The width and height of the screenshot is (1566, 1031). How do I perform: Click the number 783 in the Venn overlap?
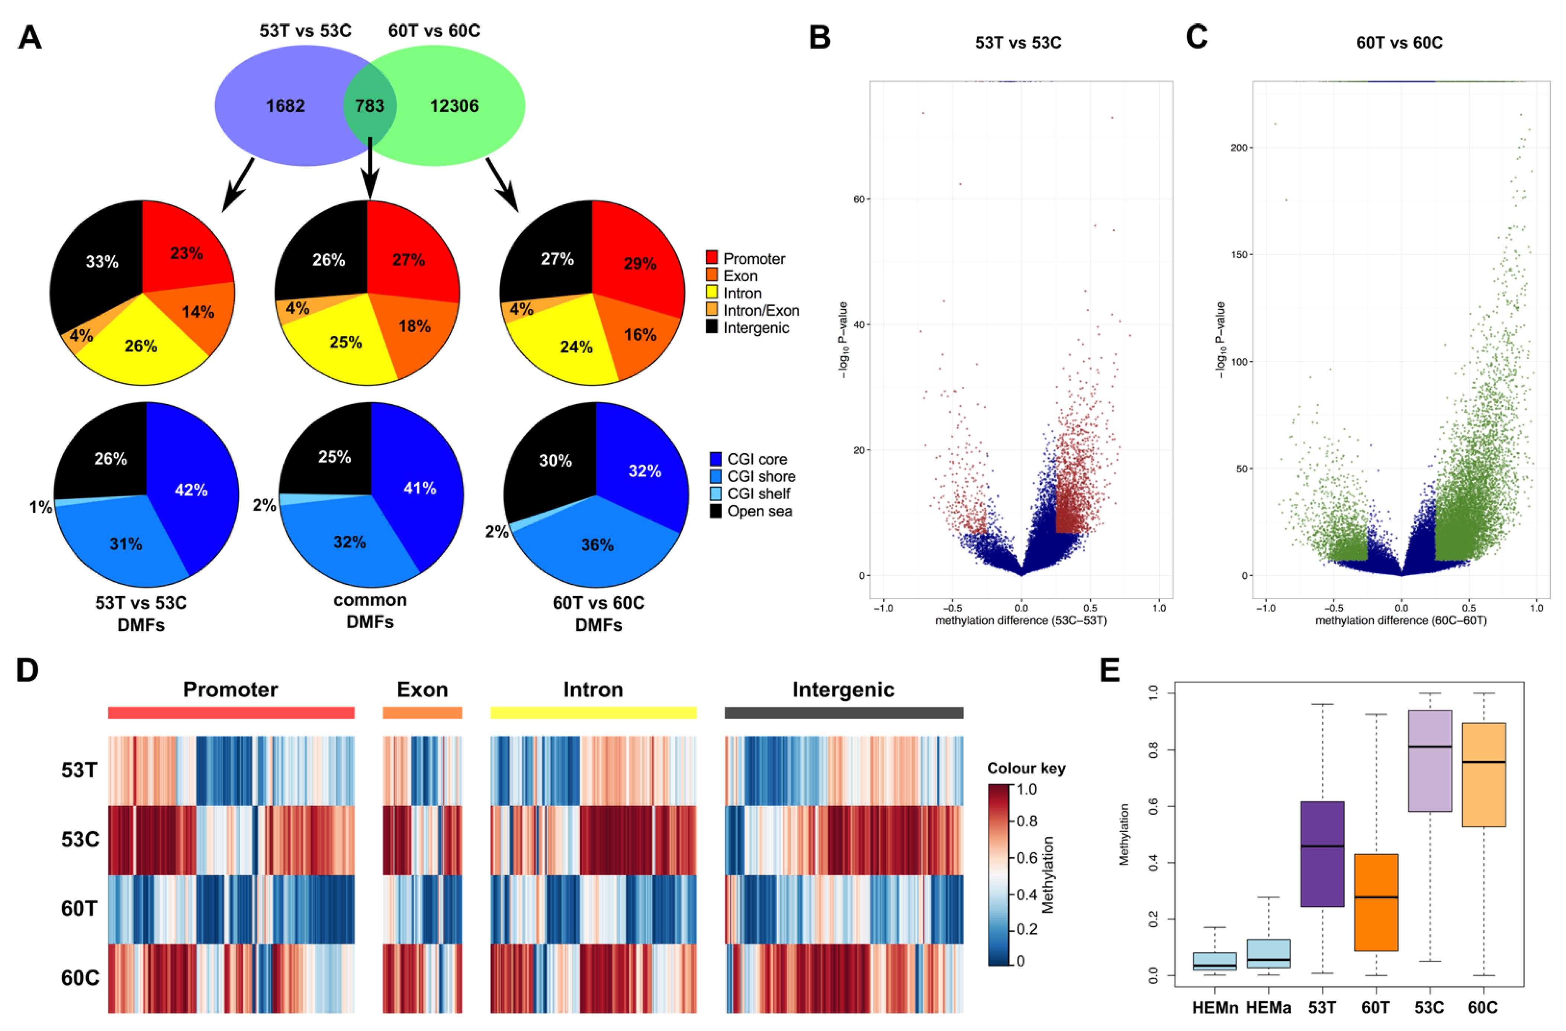pos(370,106)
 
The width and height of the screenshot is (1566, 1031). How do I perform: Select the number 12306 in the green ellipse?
pos(454,106)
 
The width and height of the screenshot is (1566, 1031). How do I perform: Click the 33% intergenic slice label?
pos(102,262)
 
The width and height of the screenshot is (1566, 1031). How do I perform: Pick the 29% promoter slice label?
pos(640,264)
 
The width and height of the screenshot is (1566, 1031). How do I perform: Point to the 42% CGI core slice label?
pos(191,490)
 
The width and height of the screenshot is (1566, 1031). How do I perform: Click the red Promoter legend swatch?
pos(711,258)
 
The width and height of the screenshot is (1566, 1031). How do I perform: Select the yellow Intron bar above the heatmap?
pos(593,713)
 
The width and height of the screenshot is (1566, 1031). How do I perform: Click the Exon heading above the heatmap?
pos(422,690)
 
